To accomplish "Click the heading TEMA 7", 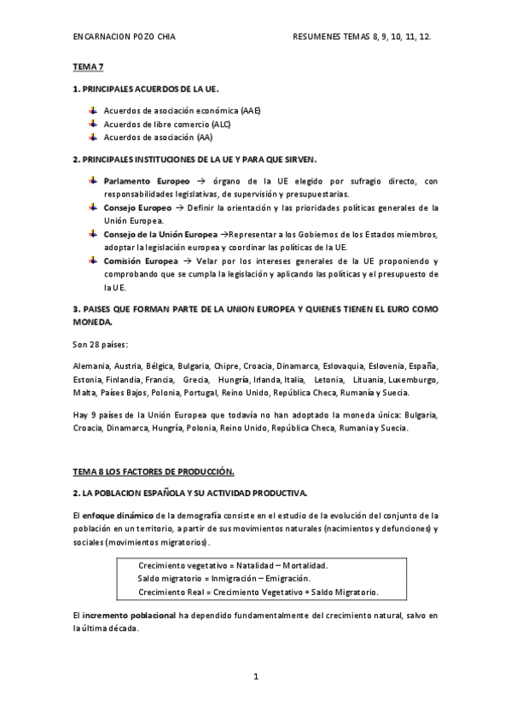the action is pos(87,66).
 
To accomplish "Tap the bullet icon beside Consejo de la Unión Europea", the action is pos(91,233).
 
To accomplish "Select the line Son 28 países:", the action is pos(101,345).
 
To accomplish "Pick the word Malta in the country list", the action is pos(84,392).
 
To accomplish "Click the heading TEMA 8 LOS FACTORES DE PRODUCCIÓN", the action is pos(154,471).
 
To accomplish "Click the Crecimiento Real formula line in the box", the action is pos(258,592).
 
